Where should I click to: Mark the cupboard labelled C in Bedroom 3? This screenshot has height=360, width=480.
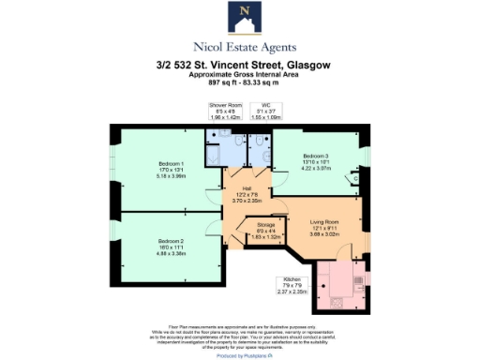pos(355,177)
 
